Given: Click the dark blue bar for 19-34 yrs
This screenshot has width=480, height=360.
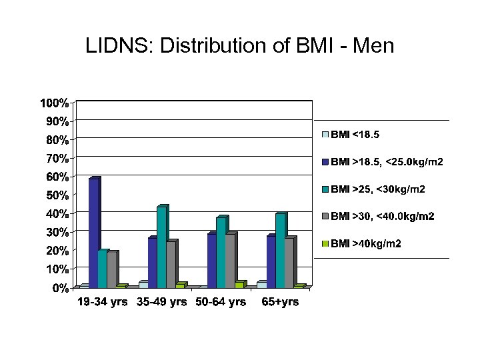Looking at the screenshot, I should (x=93, y=233).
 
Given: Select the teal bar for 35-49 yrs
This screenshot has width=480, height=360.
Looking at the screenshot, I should (x=161, y=247).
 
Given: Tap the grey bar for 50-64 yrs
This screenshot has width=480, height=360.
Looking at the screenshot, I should (x=230, y=261).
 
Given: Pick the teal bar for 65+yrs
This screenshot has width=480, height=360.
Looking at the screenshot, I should (x=280, y=251).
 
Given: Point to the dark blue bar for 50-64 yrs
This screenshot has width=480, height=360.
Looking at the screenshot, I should (x=211, y=261).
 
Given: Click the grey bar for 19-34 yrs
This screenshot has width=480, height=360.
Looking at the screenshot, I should (x=111, y=269).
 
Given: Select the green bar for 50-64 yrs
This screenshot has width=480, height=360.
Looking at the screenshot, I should (x=239, y=285).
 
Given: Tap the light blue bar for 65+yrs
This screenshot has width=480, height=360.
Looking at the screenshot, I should (x=261, y=285).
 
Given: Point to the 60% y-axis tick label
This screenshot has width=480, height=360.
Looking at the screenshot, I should (x=56, y=177).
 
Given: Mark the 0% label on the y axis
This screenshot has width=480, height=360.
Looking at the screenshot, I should (x=59, y=288).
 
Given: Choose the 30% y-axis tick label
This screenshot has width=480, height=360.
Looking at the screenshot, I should (x=56, y=232).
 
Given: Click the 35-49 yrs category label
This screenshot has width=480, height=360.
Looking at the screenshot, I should (x=162, y=302).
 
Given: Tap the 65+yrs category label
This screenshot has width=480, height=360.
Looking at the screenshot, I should (x=279, y=302).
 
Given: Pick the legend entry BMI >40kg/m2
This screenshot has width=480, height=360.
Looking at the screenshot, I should (x=365, y=244).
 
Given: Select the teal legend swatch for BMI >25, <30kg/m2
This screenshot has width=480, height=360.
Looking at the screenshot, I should (x=325, y=189).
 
